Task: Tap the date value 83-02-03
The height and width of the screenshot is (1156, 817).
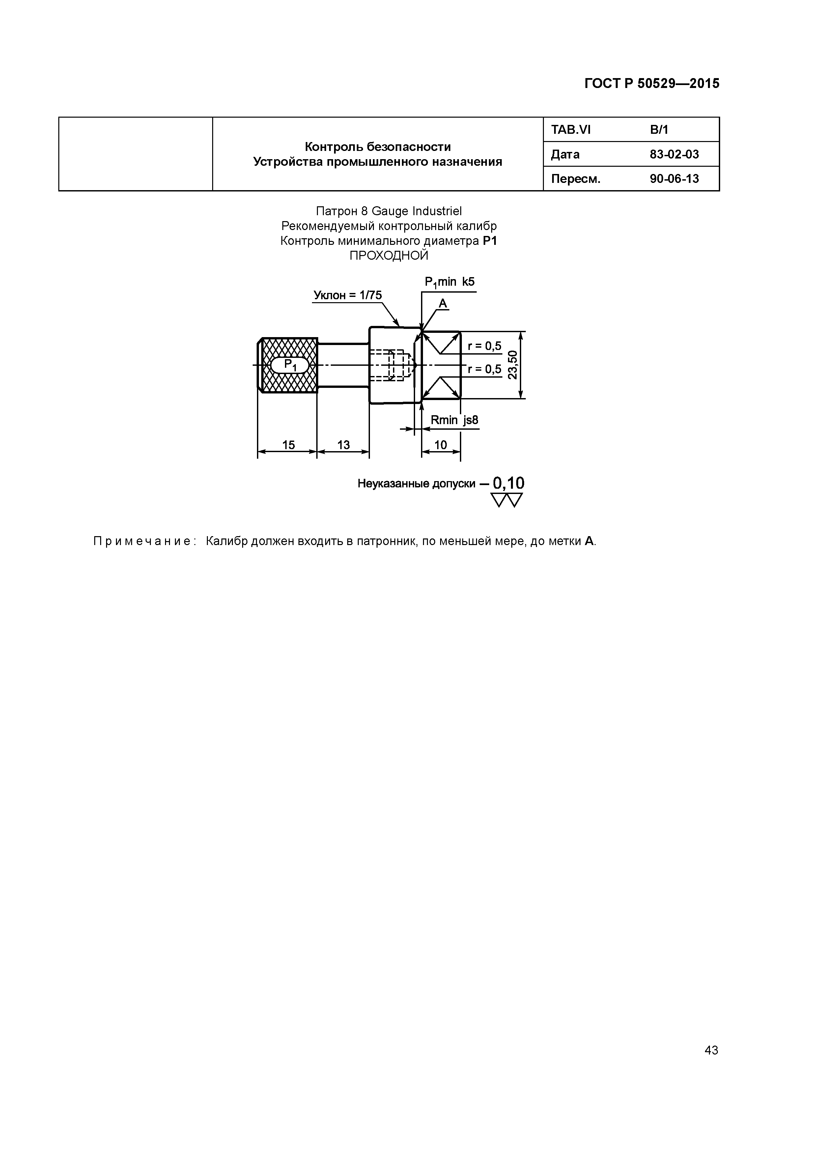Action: (x=674, y=155)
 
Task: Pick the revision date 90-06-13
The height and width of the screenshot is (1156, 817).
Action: (x=674, y=179)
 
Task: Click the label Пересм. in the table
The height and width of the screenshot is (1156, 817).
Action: (x=576, y=179)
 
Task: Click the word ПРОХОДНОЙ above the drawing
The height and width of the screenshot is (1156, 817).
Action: (x=389, y=256)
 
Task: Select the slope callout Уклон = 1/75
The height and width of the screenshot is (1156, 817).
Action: (x=347, y=295)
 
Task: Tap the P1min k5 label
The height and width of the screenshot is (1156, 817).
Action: (x=450, y=282)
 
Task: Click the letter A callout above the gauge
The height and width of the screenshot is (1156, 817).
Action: (x=443, y=303)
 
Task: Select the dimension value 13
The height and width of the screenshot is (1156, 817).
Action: (x=343, y=445)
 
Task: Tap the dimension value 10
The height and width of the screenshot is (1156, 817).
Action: (x=440, y=445)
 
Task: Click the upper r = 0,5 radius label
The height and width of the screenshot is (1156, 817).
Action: (x=484, y=346)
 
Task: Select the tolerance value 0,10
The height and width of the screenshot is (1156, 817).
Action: (x=508, y=483)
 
